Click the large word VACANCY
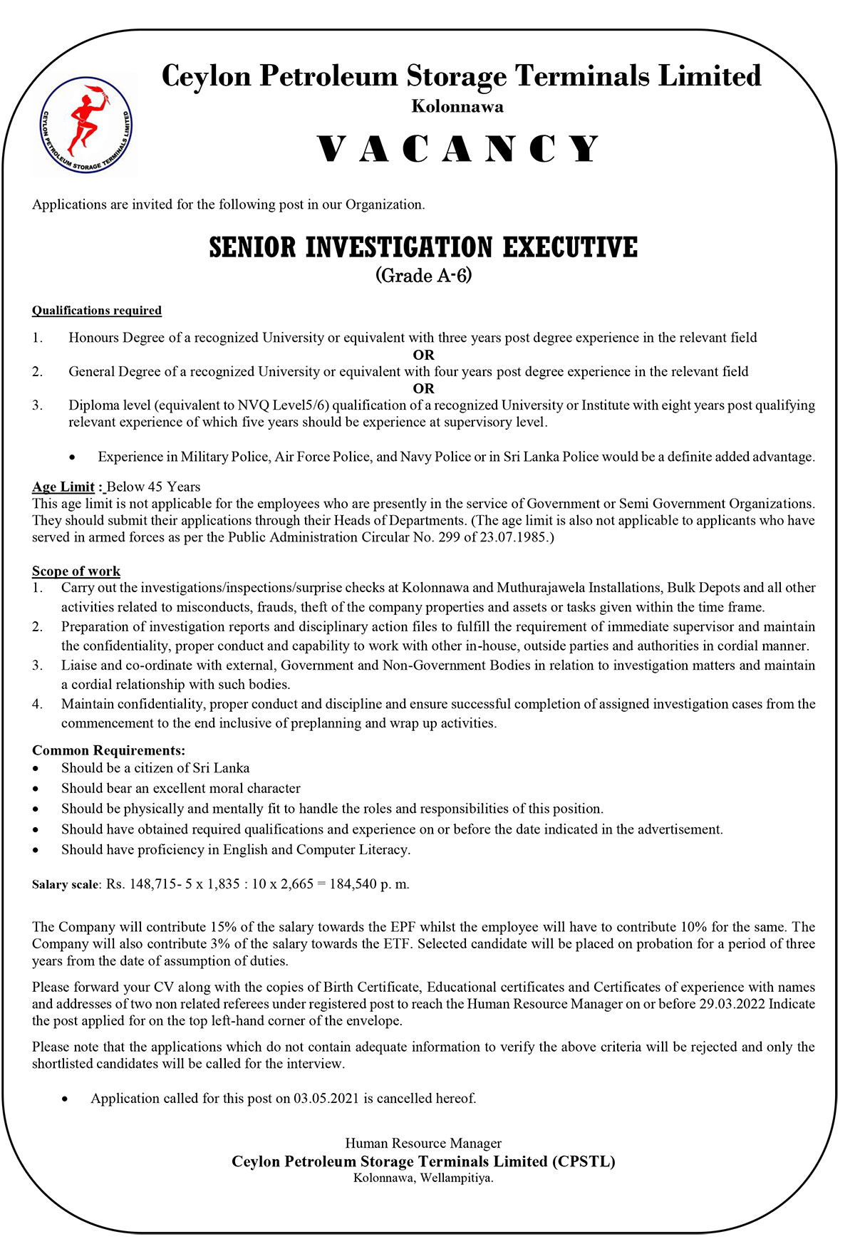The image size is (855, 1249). coord(458,149)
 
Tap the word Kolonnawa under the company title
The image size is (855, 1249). coord(457,107)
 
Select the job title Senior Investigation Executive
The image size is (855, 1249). coord(423,247)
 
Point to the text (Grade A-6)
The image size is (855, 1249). coord(423,276)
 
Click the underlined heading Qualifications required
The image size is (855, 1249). coord(97,311)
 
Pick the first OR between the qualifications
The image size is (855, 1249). coord(423,355)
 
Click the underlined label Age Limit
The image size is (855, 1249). coord(63,487)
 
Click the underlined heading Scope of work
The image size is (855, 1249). coord(76,571)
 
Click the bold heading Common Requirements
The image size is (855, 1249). coord(108,751)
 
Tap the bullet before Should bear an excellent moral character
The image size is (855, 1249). coord(36,789)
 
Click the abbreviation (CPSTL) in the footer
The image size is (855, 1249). coord(584,1161)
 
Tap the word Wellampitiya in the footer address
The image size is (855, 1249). coord(456,1178)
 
